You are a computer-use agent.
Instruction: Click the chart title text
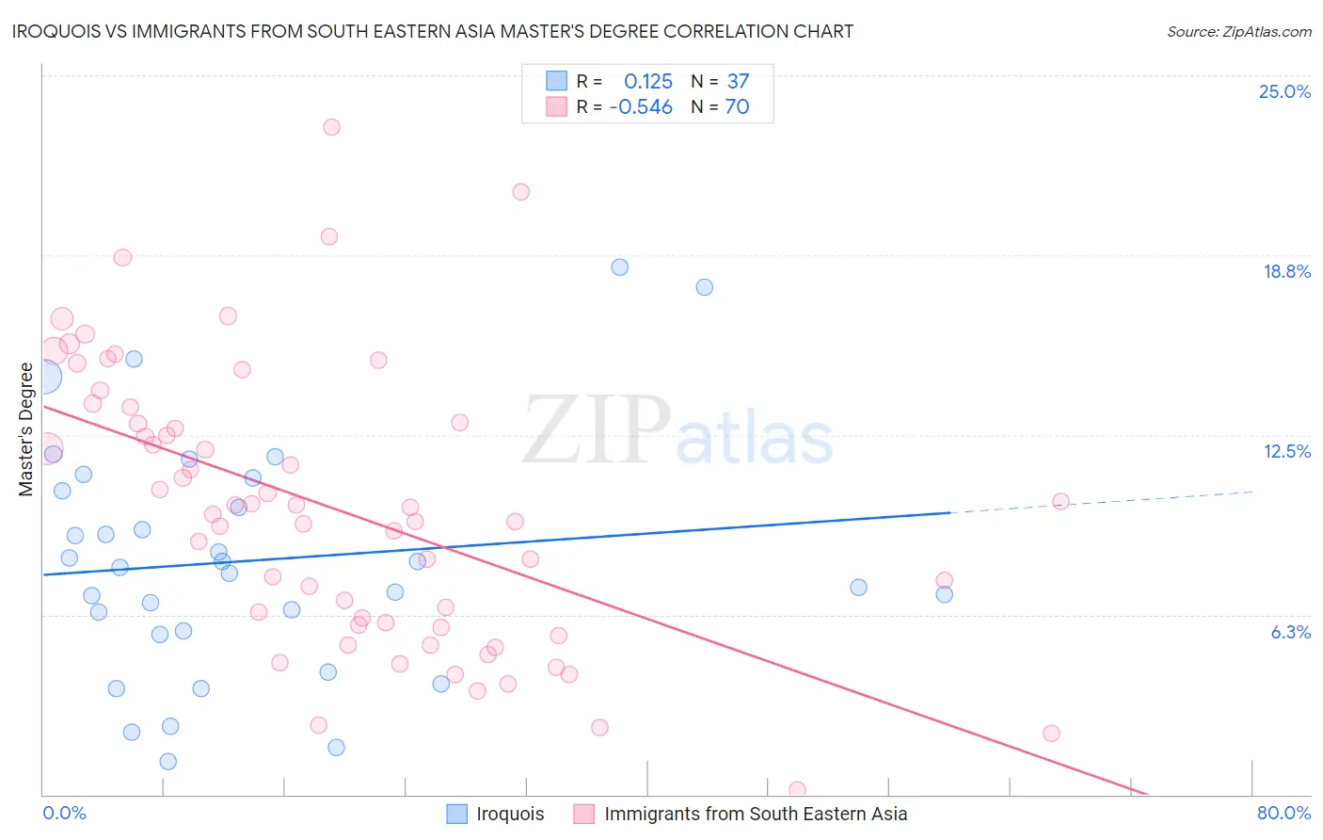pyautogui.click(x=433, y=31)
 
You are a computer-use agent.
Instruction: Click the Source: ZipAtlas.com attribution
pyautogui.click(x=1238, y=32)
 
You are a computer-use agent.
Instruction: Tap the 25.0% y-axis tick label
pyautogui.click(x=1284, y=91)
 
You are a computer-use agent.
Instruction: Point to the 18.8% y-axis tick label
pyautogui.click(x=1286, y=271)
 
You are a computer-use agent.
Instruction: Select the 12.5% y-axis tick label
pyautogui.click(x=1286, y=451)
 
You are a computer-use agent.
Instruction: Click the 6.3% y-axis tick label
pyautogui.click(x=1290, y=632)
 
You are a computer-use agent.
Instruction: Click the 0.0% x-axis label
pyautogui.click(x=64, y=813)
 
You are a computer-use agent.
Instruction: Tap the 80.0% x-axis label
pyautogui.click(x=1283, y=813)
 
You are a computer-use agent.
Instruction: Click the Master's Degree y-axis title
pyautogui.click(x=26, y=429)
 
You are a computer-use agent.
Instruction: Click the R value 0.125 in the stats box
pyautogui.click(x=647, y=81)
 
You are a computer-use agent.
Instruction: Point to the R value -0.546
pyautogui.click(x=641, y=106)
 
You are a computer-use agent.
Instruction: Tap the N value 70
pyautogui.click(x=737, y=106)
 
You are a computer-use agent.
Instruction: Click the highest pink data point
pyautogui.click(x=331, y=127)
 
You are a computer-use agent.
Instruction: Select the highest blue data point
pyautogui.click(x=619, y=267)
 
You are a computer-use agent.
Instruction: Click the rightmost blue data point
pyautogui.click(x=944, y=594)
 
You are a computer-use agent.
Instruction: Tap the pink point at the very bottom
pyautogui.click(x=797, y=789)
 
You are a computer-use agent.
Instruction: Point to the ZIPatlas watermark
pyautogui.click(x=677, y=431)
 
